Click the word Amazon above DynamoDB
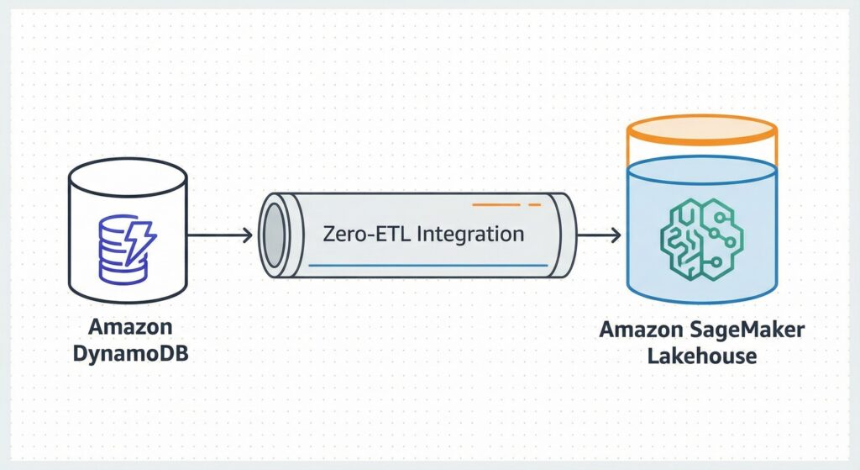(127, 326)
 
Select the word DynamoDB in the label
(127, 352)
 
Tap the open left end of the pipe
(273, 235)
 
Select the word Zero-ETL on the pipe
(363, 233)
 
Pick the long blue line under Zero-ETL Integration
(428, 266)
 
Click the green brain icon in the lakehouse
(702, 235)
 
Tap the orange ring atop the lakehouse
(702, 130)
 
